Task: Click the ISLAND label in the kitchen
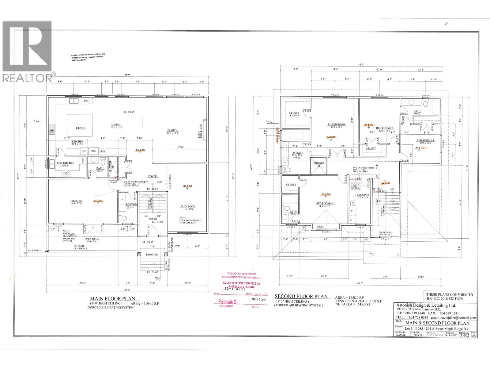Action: coord(81,128)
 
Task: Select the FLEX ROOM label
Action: coord(188,206)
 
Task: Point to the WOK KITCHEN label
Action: coord(65,163)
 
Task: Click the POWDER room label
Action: coord(132,204)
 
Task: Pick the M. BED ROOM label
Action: coord(336,125)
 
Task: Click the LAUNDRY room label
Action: coord(363,195)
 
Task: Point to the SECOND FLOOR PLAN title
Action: coord(301,297)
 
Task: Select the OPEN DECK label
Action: coord(92,239)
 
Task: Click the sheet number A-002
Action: coord(465,335)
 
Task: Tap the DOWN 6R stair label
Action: coord(152,255)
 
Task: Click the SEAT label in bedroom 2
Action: coord(320,227)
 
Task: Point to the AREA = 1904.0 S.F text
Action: coord(145,303)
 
